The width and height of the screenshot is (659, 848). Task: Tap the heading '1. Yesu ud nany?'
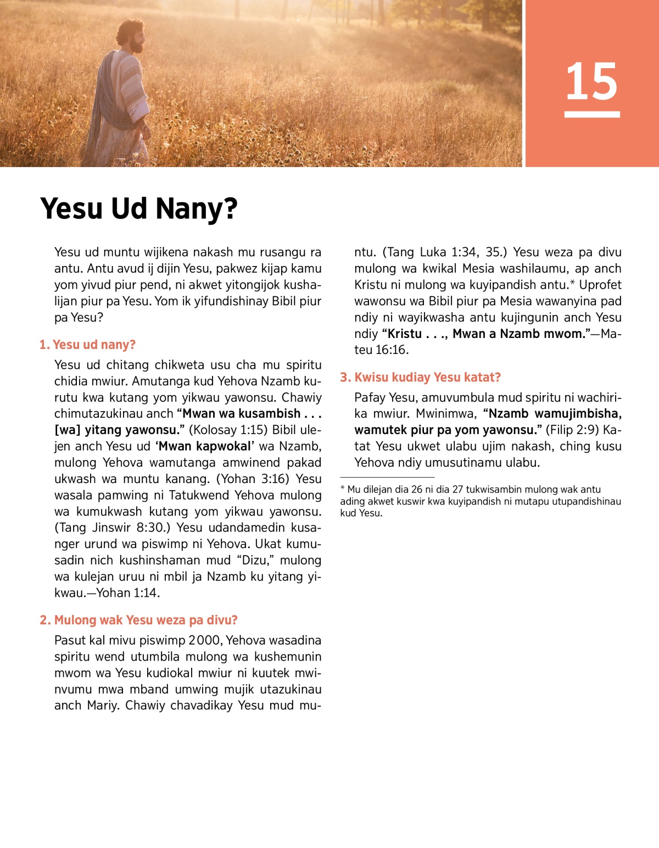87,345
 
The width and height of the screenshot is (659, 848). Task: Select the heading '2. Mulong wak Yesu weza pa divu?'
138,620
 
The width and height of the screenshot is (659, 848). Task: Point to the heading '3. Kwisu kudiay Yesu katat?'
420,378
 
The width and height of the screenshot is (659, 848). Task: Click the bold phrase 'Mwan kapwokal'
205,447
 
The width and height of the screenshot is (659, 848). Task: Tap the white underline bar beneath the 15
591,114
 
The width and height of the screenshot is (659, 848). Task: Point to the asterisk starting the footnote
343,489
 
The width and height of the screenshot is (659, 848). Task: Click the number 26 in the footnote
416,490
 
